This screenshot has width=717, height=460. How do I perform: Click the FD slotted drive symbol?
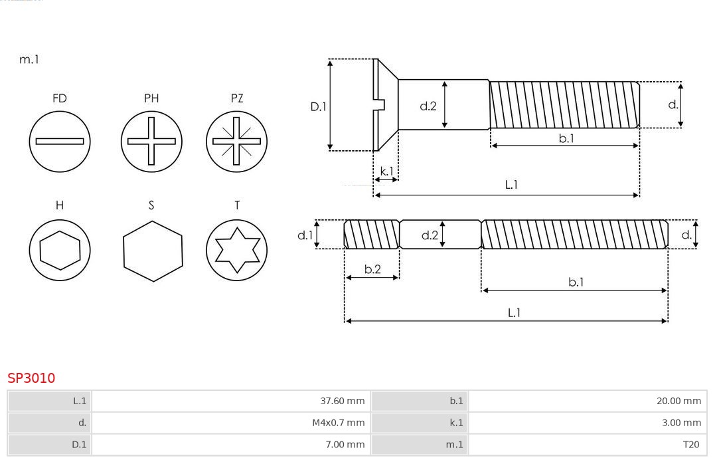(60, 141)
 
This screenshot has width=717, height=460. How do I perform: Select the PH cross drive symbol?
(151, 141)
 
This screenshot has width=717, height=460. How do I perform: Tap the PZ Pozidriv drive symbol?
(236, 141)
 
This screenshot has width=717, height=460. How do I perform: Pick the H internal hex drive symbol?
(60, 250)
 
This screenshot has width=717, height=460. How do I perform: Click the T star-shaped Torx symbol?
(236, 250)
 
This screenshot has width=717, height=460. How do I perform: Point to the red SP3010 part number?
(31, 378)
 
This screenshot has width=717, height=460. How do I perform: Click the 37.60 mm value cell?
(230, 401)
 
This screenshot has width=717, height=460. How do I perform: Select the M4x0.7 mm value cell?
(230, 423)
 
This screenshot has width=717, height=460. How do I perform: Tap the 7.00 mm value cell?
(230, 445)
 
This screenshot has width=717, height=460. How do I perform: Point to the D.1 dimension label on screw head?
(319, 106)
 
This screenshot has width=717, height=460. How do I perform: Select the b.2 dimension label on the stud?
(372, 269)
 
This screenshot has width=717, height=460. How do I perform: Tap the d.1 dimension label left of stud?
(304, 235)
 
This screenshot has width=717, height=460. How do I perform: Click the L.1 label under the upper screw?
(511, 185)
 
